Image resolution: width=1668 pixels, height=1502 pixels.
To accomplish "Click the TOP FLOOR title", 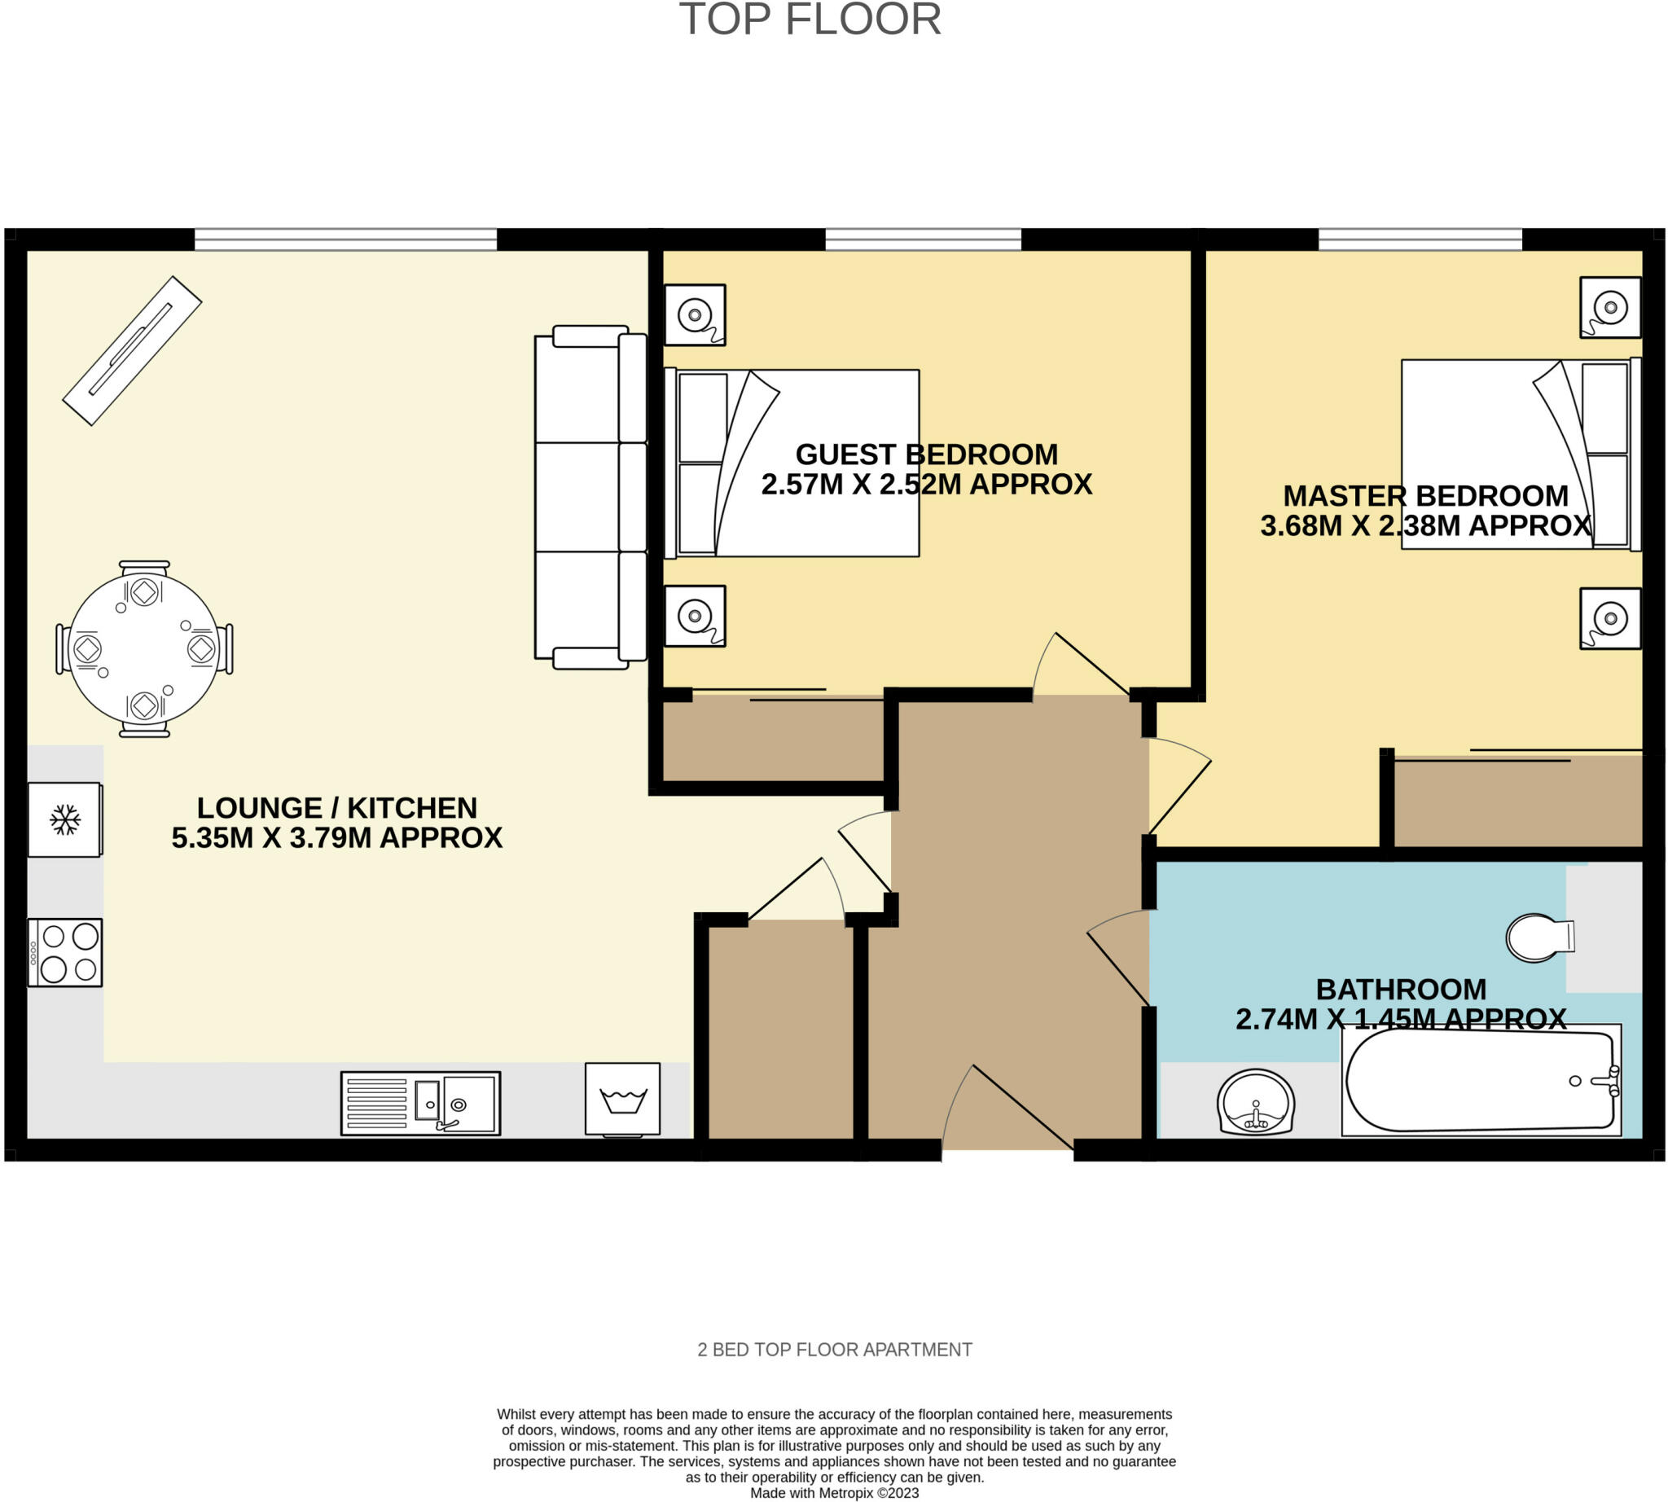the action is point(810,19).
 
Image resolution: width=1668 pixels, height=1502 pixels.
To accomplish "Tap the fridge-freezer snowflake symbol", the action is point(65,819).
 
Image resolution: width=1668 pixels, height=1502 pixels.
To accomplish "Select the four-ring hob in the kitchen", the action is point(65,952).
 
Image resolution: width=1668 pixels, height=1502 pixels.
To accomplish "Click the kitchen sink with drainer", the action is point(421,1103).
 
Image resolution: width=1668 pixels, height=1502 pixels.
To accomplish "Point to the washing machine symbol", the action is point(622,1100).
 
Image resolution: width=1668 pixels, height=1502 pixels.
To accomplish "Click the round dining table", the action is point(144,648).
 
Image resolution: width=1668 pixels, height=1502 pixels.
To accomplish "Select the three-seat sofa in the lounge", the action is point(590,497).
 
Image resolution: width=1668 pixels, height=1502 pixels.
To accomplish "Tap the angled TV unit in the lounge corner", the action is point(132,351).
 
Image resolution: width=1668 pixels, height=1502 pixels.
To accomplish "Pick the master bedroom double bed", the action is point(1521,454).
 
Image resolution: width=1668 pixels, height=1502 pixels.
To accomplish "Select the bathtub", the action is point(1481,1080).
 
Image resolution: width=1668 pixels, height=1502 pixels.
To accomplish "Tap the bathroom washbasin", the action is point(1255,1102).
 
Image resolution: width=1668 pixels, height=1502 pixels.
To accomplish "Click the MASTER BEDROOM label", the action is point(1425,496).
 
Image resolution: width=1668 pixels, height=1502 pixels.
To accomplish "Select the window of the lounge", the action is point(346,239).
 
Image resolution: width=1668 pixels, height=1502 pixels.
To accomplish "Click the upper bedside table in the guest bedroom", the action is point(695,315).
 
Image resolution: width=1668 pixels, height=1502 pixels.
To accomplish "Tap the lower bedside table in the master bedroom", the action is point(1610,618).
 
